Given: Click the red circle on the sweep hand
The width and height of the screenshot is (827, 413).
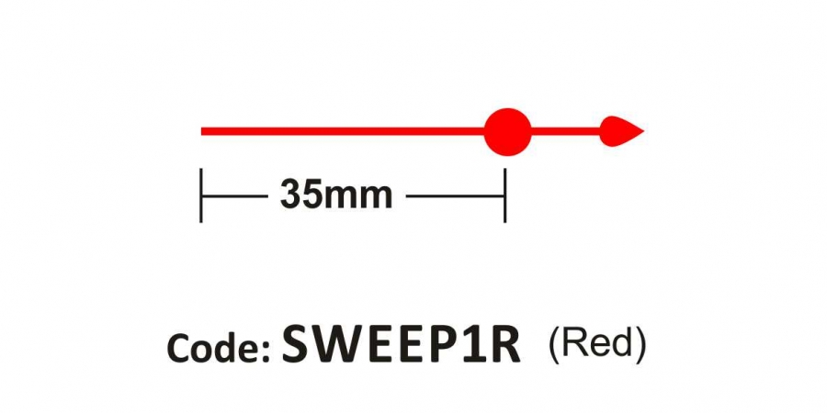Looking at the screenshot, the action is click(507, 131).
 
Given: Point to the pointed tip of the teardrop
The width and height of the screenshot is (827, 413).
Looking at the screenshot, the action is click(644, 131).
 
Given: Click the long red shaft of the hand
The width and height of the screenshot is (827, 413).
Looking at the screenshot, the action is click(343, 131).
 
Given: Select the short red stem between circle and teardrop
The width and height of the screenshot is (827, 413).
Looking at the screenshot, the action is click(565, 131).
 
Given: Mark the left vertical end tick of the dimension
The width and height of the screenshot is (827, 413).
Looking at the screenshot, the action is click(201, 195).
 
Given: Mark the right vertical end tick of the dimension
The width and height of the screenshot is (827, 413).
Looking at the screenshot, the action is click(504, 195).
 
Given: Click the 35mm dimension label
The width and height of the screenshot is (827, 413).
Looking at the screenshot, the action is click(336, 195).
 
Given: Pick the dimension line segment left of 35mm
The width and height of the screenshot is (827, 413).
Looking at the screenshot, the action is click(234, 196).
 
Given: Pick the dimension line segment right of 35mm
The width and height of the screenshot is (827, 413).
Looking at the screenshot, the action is click(455, 196).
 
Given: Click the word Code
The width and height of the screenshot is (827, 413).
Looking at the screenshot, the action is click(215, 348).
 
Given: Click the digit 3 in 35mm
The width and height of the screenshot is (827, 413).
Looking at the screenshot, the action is click(290, 195).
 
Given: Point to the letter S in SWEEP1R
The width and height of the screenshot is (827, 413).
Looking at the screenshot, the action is click(298, 344).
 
